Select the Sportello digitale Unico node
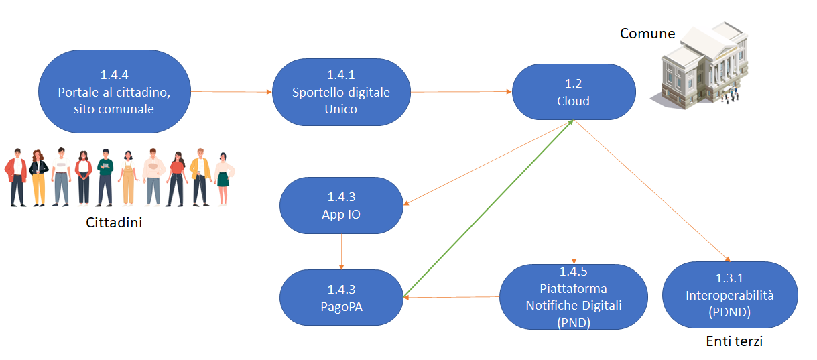click(341, 92)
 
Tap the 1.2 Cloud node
click(573, 93)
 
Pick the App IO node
click(341, 206)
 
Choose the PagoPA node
click(341, 298)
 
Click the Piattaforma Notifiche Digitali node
click(573, 297)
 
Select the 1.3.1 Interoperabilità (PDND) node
click(729, 295)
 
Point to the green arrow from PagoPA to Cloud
click(487, 208)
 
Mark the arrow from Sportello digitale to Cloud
click(461, 92)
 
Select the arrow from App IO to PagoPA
click(341, 251)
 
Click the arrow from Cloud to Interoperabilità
click(651, 190)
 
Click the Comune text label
click(647, 34)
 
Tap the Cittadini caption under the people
click(114, 223)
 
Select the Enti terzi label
click(734, 342)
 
